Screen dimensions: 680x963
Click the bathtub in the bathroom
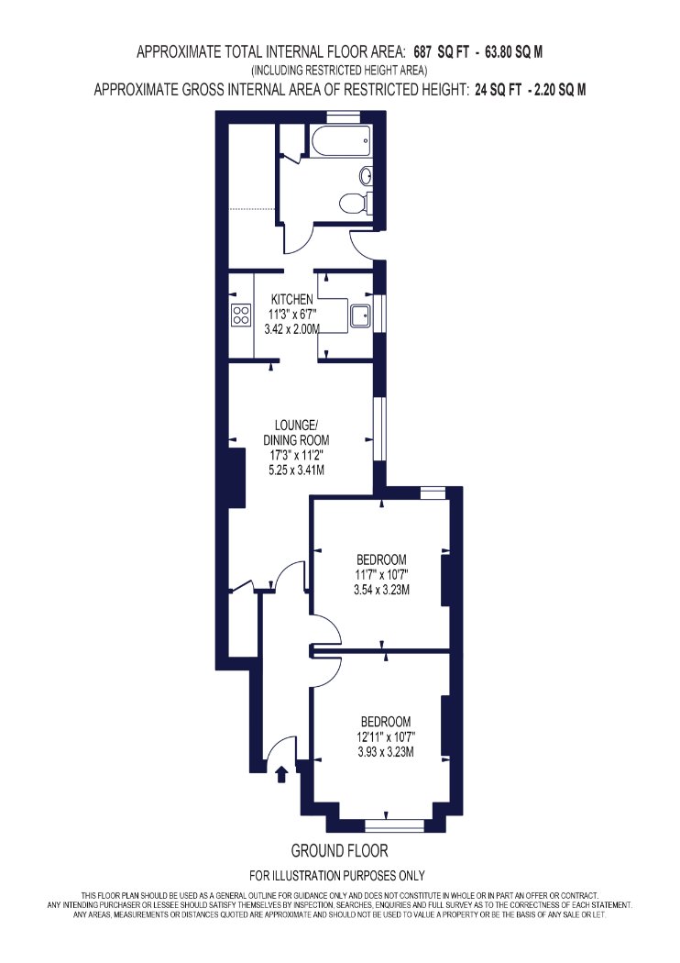[342, 141]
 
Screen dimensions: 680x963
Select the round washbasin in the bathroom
[366, 176]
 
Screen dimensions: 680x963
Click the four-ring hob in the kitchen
[241, 315]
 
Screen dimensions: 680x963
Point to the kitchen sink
[359, 315]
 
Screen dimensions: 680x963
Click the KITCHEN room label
[292, 300]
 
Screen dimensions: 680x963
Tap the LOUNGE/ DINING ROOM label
[296, 432]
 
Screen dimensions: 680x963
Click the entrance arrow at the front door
[281, 774]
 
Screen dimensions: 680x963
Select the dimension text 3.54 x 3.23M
[382, 591]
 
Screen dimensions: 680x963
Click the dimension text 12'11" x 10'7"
[386, 736]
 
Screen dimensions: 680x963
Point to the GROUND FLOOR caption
[339, 850]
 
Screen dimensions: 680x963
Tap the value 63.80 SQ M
[514, 52]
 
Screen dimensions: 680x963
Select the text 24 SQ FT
[496, 90]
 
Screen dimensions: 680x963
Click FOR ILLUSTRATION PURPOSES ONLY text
[337, 875]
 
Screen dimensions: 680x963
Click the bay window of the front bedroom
[394, 826]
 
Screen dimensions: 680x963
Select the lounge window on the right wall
[379, 428]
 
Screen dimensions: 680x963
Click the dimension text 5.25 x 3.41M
[296, 470]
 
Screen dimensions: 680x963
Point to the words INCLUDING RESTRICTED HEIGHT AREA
[339, 70]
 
